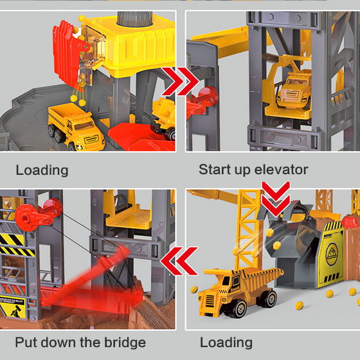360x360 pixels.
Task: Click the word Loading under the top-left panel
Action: tap(42, 170)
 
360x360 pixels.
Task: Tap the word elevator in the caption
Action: tap(281, 170)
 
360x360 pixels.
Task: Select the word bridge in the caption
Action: tap(125, 342)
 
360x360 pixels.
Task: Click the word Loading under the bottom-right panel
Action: tap(226, 343)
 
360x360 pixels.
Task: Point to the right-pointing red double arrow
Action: tap(180, 81)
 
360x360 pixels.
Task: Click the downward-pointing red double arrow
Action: tap(276, 199)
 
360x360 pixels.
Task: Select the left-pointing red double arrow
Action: tap(179, 261)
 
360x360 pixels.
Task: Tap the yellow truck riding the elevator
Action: tap(294, 89)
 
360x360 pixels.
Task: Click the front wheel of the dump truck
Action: tap(239, 309)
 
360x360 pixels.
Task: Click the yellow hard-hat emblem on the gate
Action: tap(332, 254)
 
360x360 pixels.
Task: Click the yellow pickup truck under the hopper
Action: tap(76, 126)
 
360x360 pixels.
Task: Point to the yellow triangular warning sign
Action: tap(13, 308)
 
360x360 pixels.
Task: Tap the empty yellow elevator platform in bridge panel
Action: tap(128, 217)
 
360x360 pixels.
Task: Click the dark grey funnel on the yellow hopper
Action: tap(134, 19)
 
